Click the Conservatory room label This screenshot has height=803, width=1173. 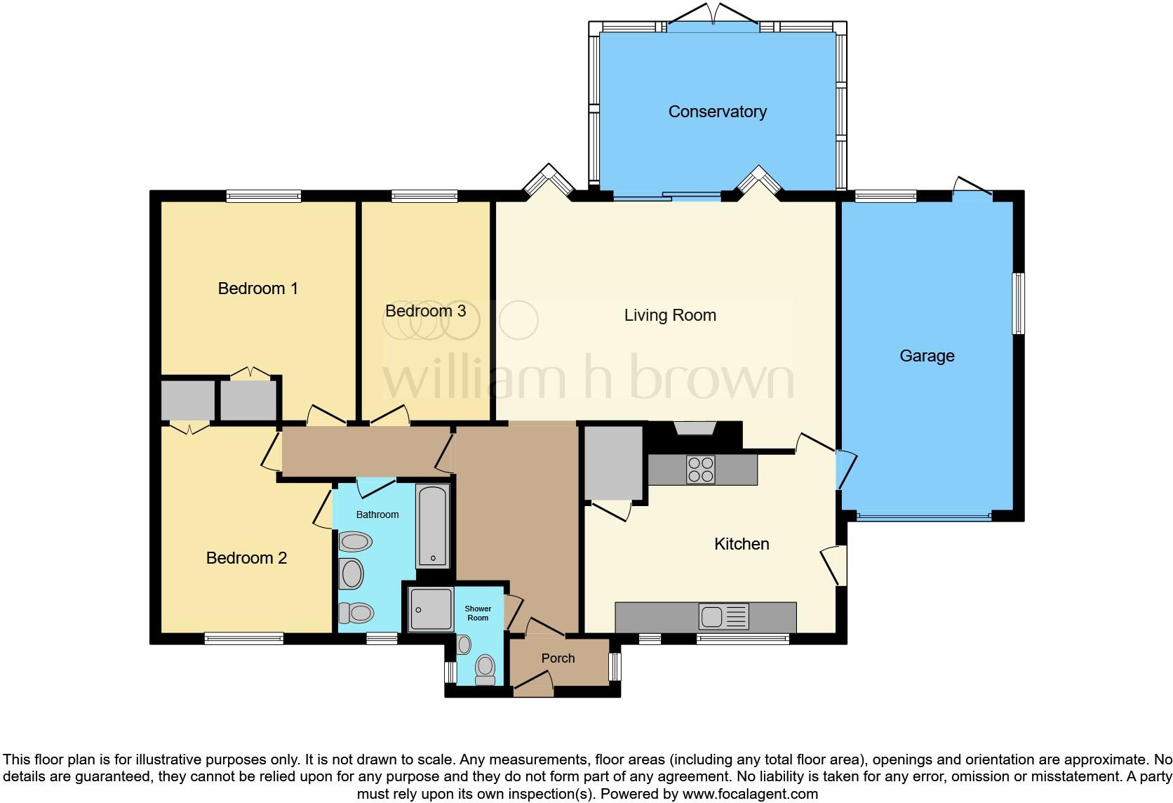(x=717, y=112)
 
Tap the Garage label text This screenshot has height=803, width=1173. (x=927, y=356)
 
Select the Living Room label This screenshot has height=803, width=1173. (x=670, y=315)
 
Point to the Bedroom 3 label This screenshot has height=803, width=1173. (x=425, y=311)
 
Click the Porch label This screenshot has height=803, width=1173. (x=558, y=658)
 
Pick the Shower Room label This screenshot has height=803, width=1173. (x=478, y=613)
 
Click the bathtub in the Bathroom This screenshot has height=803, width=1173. (x=432, y=526)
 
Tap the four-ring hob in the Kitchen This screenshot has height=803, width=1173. (x=701, y=470)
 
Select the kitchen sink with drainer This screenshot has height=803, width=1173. (x=723, y=617)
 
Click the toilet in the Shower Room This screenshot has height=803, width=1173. (x=485, y=669)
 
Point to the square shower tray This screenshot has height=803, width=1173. (x=431, y=609)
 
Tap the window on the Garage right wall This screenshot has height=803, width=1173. (x=1017, y=303)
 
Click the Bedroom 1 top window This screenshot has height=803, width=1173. (x=264, y=197)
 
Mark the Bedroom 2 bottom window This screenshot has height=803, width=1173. (x=244, y=638)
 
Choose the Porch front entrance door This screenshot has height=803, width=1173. (x=533, y=685)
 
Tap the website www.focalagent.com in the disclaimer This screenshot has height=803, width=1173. (x=749, y=794)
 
